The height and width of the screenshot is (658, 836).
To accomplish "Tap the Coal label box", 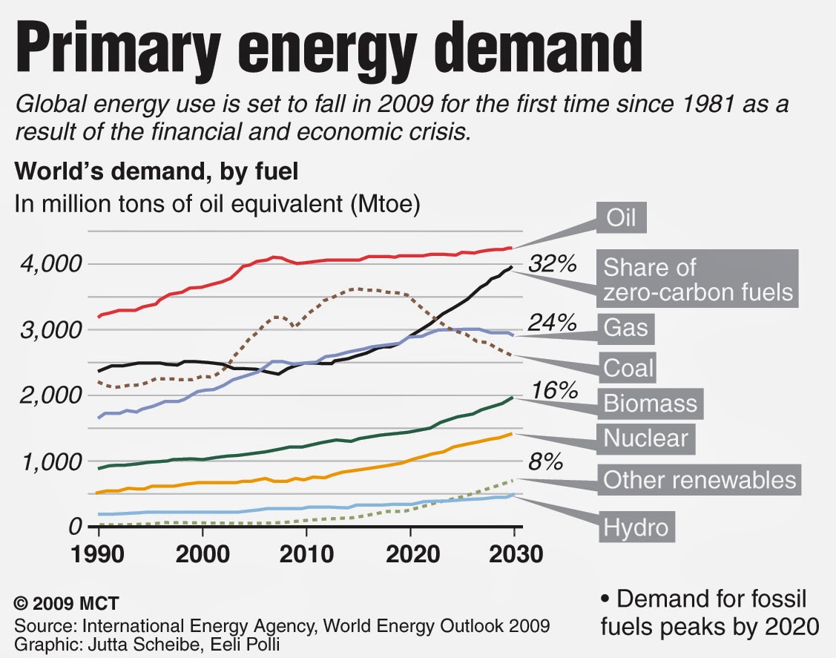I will coord(629,366).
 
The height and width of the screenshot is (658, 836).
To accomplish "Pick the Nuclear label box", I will coord(645,438).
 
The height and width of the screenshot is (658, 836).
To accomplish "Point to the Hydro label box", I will coord(636,527).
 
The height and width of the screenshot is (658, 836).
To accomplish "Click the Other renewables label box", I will coord(700,480).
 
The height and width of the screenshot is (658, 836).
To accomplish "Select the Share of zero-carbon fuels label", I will coord(697,280).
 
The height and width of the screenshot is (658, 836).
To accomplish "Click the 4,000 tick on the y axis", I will coord(49,264).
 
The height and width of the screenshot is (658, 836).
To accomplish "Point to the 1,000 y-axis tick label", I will coord(49,461).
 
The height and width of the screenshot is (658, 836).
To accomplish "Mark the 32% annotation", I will coord(552,263).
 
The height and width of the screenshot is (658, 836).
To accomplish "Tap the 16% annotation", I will coord(552,389).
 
